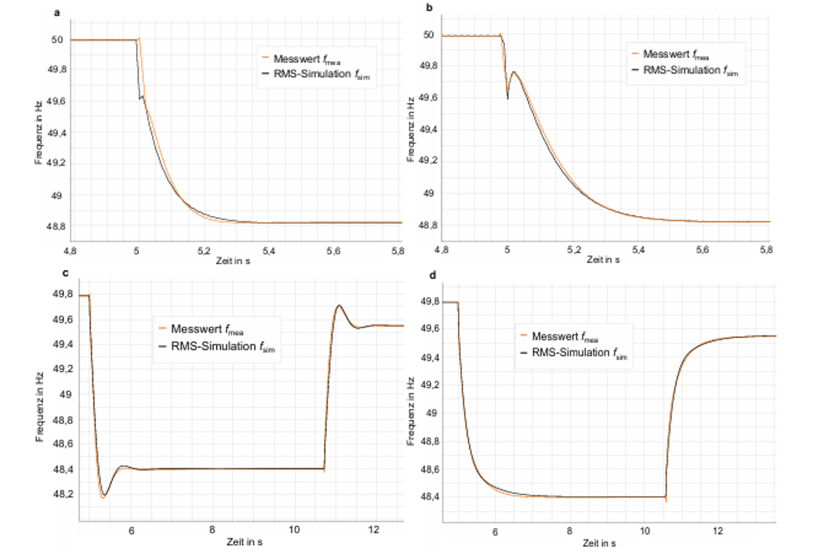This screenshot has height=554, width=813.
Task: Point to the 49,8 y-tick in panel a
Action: click(58, 71)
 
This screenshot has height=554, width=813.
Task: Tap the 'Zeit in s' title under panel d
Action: click(600, 543)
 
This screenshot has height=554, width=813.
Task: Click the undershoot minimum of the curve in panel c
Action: click(104, 497)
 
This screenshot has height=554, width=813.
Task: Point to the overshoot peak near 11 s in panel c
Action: click(339, 306)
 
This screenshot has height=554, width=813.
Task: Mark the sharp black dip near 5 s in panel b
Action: click(507, 98)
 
